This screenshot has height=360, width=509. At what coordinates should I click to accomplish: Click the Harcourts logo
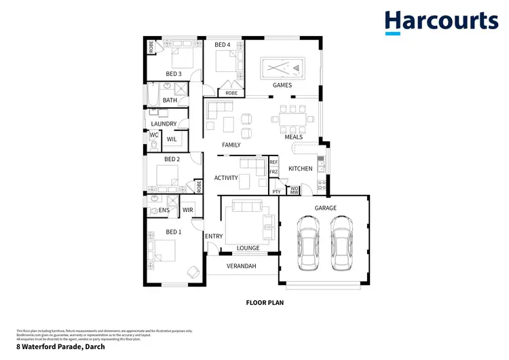coord(441,22)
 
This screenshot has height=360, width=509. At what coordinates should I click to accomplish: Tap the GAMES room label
coord(282,85)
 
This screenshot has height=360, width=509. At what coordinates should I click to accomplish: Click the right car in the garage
coord(343,244)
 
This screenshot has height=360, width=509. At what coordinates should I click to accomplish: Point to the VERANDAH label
coord(241,266)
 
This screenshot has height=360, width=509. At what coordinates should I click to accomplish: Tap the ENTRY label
coord(214,236)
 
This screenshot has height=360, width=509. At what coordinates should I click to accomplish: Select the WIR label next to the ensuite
coord(188,211)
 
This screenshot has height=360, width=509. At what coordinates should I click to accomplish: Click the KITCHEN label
coord(301,168)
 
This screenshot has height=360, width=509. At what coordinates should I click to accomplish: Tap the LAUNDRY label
coord(164,124)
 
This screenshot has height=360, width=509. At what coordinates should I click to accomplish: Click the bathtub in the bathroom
coord(153,92)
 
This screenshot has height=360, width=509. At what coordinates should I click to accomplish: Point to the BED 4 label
coord(223,45)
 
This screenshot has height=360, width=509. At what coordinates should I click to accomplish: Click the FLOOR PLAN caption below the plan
coord(265,303)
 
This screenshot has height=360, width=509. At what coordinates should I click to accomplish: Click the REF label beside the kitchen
coord(274,162)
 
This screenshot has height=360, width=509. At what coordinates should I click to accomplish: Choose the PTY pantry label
coord(276,192)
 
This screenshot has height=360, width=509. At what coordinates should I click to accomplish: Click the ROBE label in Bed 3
coord(151,47)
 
